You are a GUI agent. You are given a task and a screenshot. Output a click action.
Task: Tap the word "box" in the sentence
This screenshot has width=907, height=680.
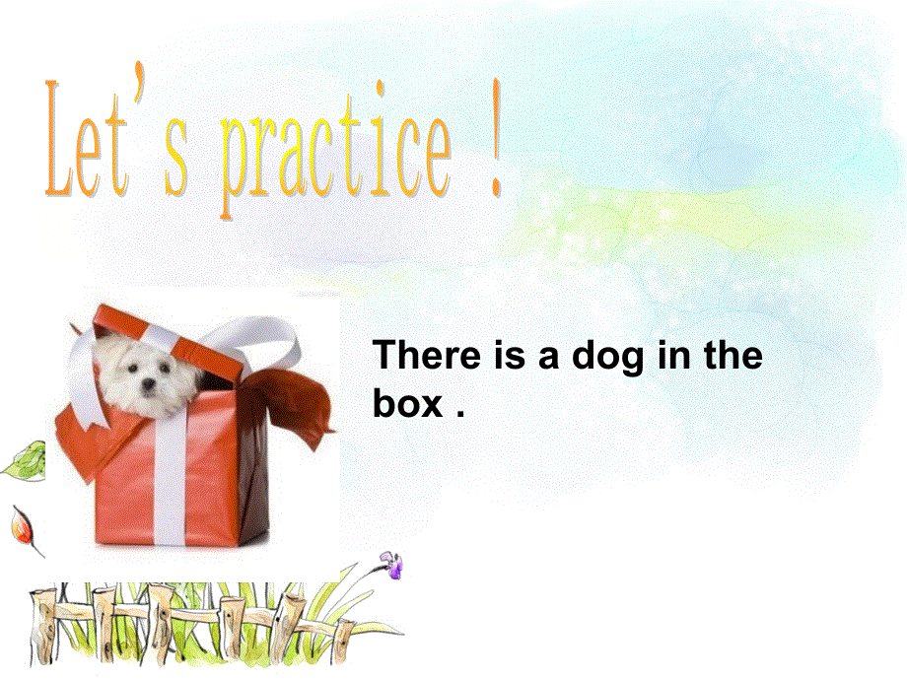407,405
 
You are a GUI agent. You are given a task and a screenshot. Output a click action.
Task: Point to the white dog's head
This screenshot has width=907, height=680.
143,372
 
